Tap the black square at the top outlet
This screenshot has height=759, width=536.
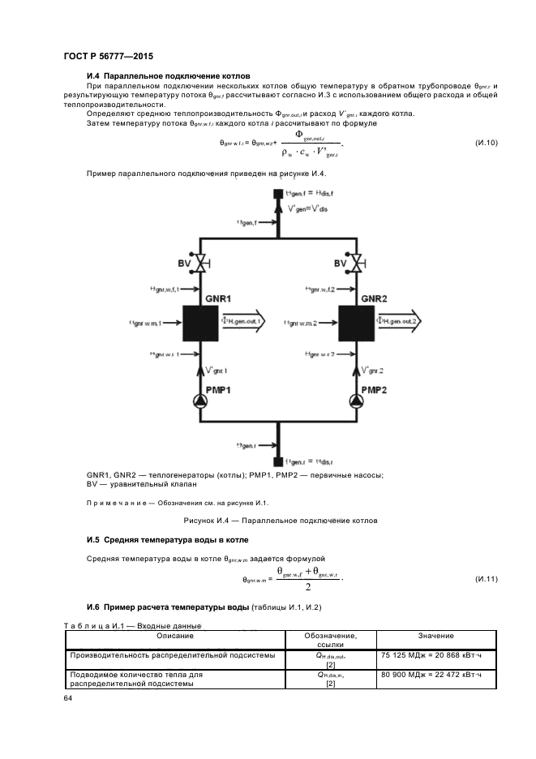click(278, 193)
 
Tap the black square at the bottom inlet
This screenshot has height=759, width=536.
click(278, 461)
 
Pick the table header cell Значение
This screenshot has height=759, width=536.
click(435, 636)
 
